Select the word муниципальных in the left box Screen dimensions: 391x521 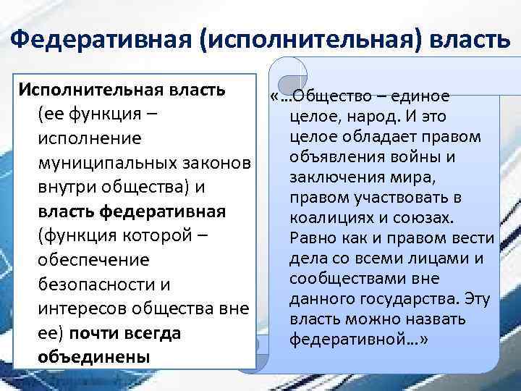click(103, 161)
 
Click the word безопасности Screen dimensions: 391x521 click(86, 285)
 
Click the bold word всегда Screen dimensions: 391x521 click(151, 334)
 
